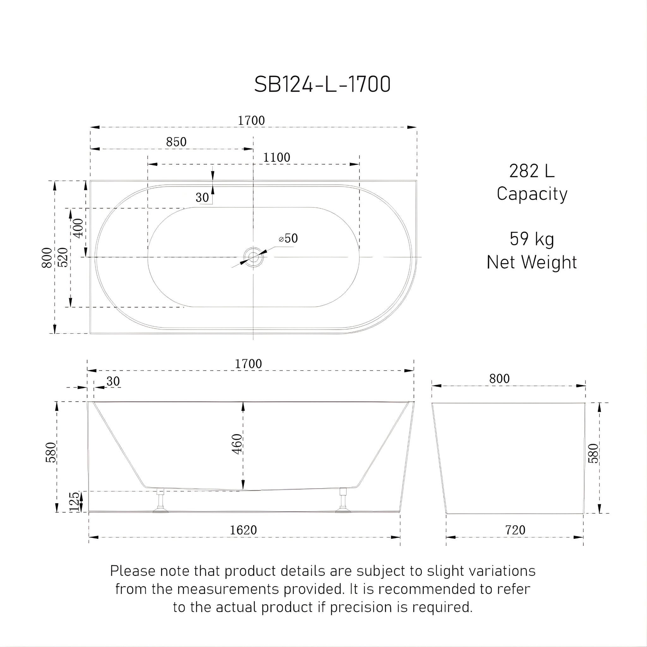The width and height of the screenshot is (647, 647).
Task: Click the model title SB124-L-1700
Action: (322, 84)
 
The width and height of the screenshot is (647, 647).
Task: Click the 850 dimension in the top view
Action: (176, 142)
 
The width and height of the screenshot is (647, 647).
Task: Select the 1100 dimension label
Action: (277, 157)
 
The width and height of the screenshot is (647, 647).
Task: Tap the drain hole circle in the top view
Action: (253, 257)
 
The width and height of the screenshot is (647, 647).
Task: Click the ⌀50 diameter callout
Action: (288, 239)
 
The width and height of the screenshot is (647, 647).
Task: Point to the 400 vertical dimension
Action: (78, 228)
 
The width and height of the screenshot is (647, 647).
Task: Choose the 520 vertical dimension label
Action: (63, 257)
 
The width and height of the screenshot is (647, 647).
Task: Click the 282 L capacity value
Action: (532, 171)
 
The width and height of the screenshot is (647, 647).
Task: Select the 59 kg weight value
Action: (532, 239)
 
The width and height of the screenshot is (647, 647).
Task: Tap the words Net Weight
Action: (532, 262)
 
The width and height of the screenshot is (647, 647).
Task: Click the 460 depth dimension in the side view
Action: (237, 444)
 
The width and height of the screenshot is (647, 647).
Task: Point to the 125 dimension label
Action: (74, 502)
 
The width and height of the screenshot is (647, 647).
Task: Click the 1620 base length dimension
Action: (243, 530)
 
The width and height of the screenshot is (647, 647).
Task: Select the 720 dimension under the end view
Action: (515, 530)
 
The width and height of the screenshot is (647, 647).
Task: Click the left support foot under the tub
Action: (161, 501)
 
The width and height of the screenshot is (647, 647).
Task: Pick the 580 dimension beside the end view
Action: (593, 453)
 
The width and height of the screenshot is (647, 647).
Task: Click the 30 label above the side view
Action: (113, 381)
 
